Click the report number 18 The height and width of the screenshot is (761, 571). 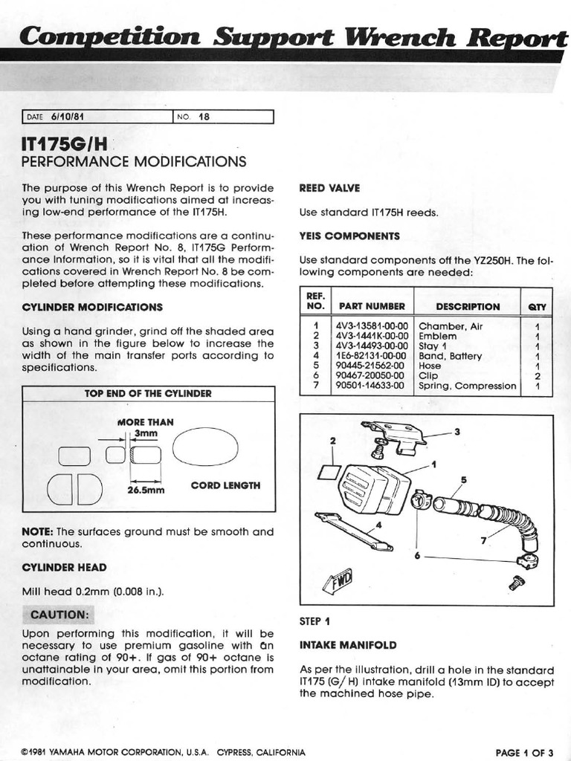[x=199, y=117]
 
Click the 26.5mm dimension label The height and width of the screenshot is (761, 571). [x=145, y=490]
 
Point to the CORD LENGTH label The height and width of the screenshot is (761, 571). [x=225, y=485]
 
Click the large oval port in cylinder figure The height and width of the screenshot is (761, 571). [x=205, y=446]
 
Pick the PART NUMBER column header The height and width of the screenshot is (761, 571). [x=372, y=306]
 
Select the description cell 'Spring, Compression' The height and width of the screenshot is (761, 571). [x=467, y=386]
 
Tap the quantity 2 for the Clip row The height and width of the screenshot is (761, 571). [x=537, y=376]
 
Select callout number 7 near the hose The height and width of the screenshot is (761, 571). [x=484, y=541]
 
